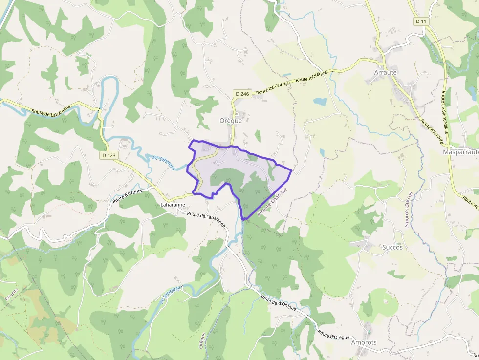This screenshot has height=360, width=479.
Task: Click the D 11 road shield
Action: [x=421, y=21]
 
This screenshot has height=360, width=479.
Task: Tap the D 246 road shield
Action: [x=242, y=94]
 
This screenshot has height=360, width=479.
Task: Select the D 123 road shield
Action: [x=109, y=155]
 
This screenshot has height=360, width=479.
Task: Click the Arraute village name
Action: [x=385, y=72]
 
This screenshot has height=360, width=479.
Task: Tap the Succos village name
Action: [x=392, y=247]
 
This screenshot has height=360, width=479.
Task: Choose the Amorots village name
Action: [x=364, y=342]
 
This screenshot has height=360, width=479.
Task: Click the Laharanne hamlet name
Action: [x=173, y=205]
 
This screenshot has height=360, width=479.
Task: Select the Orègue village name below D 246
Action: [x=230, y=121]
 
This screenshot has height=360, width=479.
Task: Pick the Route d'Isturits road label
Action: [x=127, y=196]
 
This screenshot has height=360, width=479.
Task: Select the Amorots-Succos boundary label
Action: [x=408, y=210]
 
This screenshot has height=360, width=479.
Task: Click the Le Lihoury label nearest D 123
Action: [x=164, y=162]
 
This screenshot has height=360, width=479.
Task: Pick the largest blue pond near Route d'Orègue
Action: [x=320, y=101]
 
